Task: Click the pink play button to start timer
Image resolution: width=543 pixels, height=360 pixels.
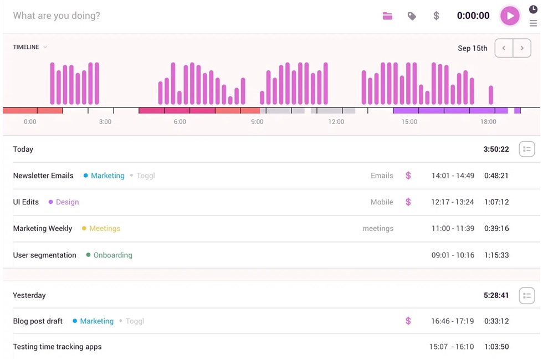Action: click(509, 16)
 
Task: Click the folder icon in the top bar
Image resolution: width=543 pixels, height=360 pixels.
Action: click(387, 16)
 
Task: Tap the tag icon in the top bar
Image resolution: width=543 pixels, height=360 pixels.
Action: click(412, 16)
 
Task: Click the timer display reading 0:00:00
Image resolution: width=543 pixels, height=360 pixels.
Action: click(473, 16)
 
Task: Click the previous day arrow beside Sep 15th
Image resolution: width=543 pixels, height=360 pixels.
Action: click(504, 48)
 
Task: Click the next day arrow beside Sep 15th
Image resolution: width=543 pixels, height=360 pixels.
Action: click(522, 48)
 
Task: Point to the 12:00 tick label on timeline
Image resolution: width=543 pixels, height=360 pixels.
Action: click(336, 122)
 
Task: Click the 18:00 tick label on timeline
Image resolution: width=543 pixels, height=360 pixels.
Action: click(488, 122)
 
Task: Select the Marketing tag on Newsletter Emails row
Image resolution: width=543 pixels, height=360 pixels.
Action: click(107, 176)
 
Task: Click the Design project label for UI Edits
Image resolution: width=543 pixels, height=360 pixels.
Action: click(67, 202)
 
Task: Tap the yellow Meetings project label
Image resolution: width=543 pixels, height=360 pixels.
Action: click(104, 228)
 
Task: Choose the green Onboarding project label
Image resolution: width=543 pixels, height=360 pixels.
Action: click(112, 255)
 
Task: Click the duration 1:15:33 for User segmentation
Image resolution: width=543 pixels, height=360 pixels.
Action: click(496, 255)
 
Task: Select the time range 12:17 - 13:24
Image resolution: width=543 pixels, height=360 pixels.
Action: click(452, 202)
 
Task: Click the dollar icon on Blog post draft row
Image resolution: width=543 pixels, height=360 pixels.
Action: click(408, 321)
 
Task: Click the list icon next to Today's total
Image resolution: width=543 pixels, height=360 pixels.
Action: click(526, 149)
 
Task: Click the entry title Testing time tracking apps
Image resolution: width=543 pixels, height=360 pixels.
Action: click(57, 347)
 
